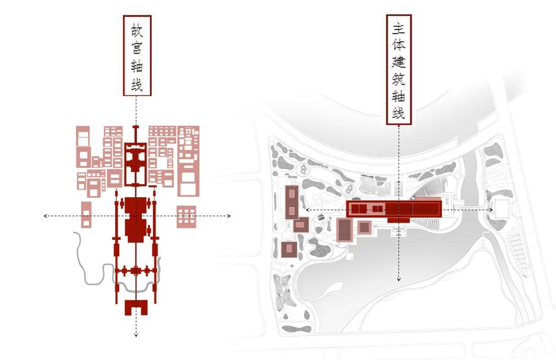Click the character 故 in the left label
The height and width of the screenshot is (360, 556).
137,29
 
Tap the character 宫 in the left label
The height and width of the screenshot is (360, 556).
137,48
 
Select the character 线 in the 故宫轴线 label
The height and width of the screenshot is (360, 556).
137,85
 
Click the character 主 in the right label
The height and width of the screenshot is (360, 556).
399,29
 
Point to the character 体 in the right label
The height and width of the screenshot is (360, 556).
399,46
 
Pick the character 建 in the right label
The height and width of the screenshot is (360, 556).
399,63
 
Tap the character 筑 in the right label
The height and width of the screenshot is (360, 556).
399,80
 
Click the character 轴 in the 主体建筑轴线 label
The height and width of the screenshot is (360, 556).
399,97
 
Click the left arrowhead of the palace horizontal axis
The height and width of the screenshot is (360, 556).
45,216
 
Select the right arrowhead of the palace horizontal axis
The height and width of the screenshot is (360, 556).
229,216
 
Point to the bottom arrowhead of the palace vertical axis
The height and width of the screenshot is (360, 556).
136,334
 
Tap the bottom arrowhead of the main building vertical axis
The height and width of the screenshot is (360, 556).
399,279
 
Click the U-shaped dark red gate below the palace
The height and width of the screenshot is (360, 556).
136,307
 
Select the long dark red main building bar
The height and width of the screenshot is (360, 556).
394,208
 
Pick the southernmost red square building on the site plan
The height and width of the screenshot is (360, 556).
289,249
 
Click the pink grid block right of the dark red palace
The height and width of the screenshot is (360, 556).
186,217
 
